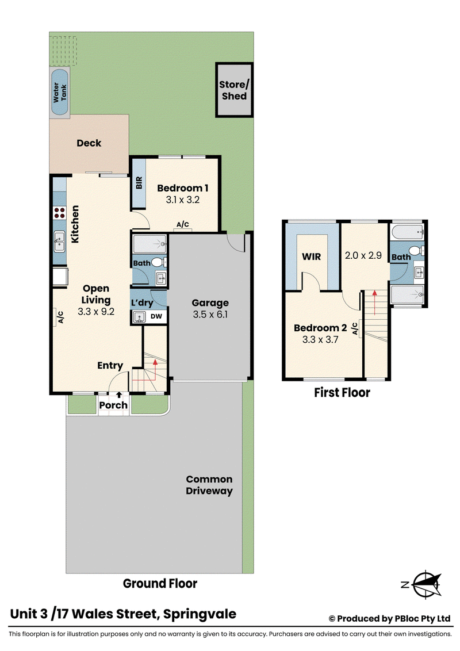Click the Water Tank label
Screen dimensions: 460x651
click(x=60, y=92)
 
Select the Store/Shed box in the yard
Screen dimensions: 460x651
click(x=234, y=90)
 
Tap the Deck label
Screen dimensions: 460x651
click(x=89, y=143)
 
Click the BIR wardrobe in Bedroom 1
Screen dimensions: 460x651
click(x=139, y=183)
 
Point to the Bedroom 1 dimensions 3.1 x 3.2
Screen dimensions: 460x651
click(x=183, y=200)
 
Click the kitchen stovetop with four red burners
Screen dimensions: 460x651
click(x=60, y=213)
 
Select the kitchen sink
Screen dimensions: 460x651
click(x=59, y=242)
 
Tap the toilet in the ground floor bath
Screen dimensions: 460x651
click(x=158, y=262)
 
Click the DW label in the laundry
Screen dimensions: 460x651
click(x=156, y=316)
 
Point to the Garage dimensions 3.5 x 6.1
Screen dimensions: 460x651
click(x=210, y=315)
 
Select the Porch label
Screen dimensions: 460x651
click(x=113, y=405)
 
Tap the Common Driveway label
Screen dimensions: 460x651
click(x=209, y=485)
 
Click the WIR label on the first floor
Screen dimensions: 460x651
click(x=312, y=256)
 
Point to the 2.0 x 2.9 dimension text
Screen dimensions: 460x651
click(x=363, y=255)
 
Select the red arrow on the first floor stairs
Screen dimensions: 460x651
click(x=374, y=303)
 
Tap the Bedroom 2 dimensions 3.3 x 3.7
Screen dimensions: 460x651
click(x=320, y=340)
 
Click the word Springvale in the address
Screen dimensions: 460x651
click(x=200, y=614)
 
